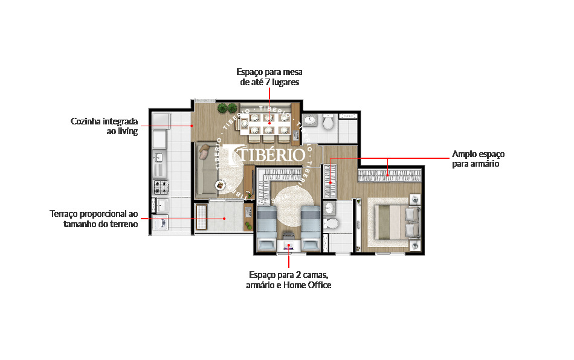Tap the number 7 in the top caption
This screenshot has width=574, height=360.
pos(268,82)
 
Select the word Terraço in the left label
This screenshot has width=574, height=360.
pos(63,214)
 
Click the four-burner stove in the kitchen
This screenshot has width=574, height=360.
pos(160,187)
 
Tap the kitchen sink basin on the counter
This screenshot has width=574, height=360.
pos(158,157)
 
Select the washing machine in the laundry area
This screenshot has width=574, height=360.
pos(160,223)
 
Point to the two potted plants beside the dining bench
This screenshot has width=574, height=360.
pos(227,108)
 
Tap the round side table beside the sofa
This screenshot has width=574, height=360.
pos(221,185)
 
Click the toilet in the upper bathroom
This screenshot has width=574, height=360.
pos(328,122)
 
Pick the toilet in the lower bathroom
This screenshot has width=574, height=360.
pos(332,223)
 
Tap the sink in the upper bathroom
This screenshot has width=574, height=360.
pos(311,120)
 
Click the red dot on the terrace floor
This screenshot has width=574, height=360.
pos(224,219)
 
